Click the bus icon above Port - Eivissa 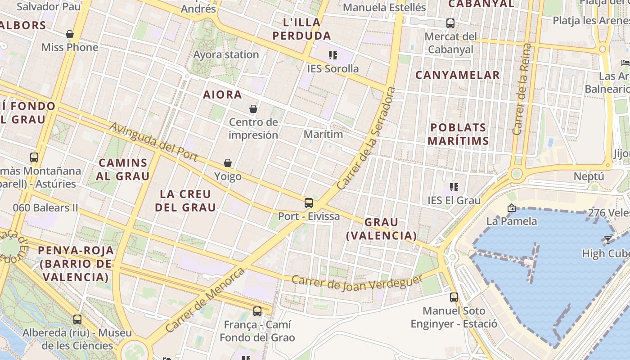pyautogui.click(x=309, y=203)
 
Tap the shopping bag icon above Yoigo pyautogui.click(x=228, y=163)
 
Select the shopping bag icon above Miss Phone pyautogui.click(x=70, y=34)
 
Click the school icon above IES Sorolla pyautogui.click(x=333, y=55)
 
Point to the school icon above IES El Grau pyautogui.click(x=454, y=187)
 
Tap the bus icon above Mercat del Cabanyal pyautogui.click(x=450, y=23)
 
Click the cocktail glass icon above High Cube pyautogui.click(x=608, y=240)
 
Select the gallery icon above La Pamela pyautogui.click(x=511, y=208)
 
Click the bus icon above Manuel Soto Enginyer pyautogui.click(x=454, y=297)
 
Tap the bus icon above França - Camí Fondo pyautogui.click(x=257, y=311)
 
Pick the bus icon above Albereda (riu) pyautogui.click(x=77, y=319)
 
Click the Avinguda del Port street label pyautogui.click(x=154, y=141)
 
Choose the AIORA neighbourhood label pyautogui.click(x=222, y=94)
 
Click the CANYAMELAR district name pyautogui.click(x=457, y=75)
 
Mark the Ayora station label pyautogui.click(x=226, y=55)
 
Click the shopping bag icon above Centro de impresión pyautogui.click(x=253, y=109)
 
